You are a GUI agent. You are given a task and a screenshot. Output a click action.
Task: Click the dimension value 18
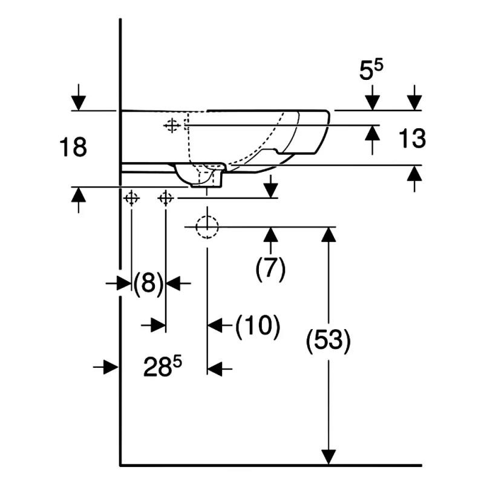click(73, 147)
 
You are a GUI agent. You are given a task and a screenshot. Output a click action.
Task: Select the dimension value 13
click(412, 138)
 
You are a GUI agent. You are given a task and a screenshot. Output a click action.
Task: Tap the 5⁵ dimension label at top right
click(371, 70)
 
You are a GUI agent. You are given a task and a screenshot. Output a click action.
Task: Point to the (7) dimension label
click(270, 268)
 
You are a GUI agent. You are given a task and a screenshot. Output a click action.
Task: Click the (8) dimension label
click(148, 283)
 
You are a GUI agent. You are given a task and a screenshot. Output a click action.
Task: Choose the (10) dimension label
click(258, 327)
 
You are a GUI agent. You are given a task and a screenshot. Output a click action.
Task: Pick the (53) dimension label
click(328, 341)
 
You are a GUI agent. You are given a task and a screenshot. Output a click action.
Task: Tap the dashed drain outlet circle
click(207, 227)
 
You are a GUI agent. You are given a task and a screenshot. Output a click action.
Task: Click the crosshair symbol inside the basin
click(172, 125)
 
